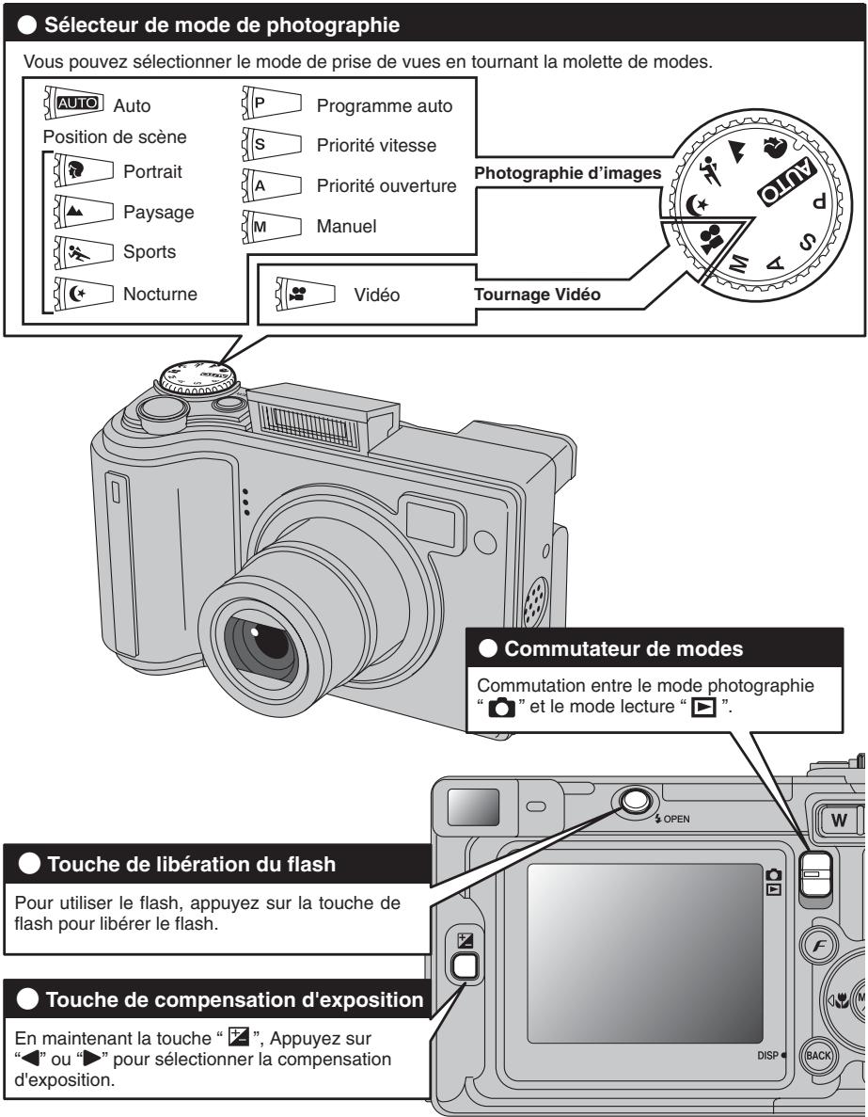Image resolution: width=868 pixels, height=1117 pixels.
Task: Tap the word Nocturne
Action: [156, 295]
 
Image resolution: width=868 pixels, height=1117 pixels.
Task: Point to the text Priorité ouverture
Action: [387, 186]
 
